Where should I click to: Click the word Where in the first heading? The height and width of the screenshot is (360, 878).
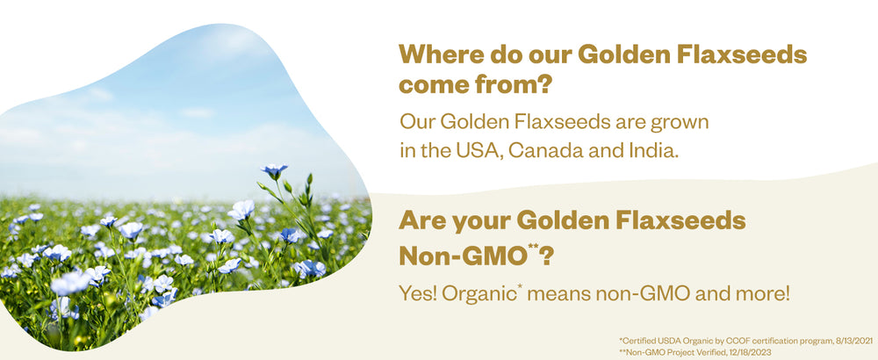[438, 55]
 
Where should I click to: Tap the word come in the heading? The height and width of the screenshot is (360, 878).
[432, 85]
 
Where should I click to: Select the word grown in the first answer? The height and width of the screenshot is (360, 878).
[683, 121]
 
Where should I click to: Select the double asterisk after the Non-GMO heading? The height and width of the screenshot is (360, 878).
[534, 249]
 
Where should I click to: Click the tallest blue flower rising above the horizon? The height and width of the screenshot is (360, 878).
[275, 170]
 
